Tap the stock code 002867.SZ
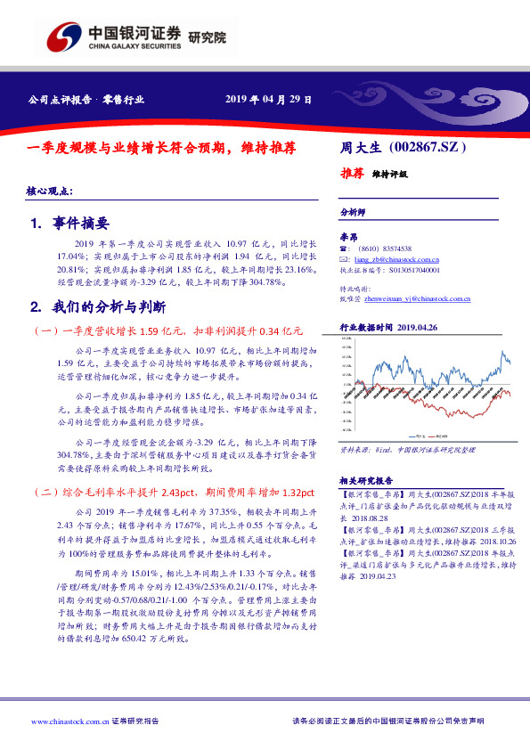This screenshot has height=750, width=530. tap(429, 145)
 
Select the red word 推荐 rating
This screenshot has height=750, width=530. tap(352, 174)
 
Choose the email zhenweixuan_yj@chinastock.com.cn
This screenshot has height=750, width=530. tap(411, 300)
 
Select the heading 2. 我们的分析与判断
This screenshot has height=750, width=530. tap(98, 307)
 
